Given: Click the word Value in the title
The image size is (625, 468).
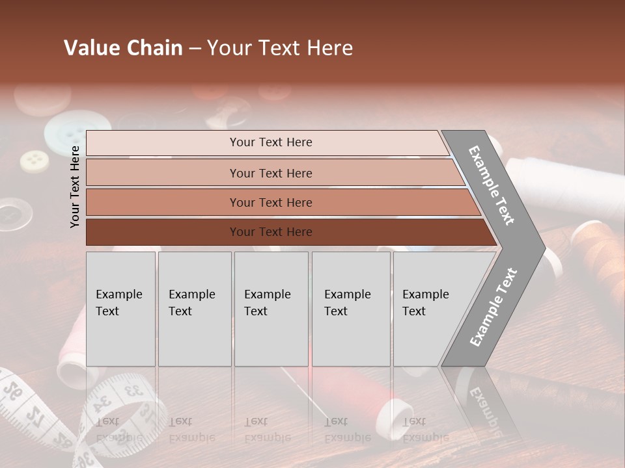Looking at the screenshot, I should [x=91, y=48].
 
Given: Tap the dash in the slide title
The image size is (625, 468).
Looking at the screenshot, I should [x=195, y=49].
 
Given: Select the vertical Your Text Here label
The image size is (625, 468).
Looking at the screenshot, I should [x=75, y=187].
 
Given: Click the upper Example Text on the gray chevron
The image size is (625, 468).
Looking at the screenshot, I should [x=492, y=185].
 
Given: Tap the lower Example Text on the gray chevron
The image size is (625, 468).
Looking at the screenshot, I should [x=493, y=307].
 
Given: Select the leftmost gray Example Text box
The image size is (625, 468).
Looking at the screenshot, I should [x=120, y=309].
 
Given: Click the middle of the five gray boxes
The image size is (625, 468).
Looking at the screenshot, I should [x=271, y=309].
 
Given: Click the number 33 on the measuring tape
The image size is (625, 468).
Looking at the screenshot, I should [x=133, y=391].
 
